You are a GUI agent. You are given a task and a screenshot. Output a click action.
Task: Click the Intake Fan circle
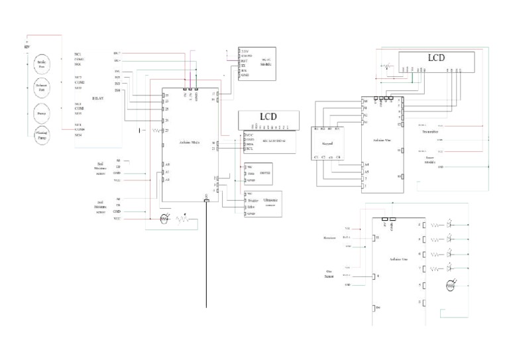click(44, 64)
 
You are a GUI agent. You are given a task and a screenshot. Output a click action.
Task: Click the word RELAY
click(96, 95)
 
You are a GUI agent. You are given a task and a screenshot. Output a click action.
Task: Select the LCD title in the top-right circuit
click(435, 57)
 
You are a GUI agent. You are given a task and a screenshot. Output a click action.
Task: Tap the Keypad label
click(327, 142)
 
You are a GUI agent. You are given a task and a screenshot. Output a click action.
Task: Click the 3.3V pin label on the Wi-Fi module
click(245, 51)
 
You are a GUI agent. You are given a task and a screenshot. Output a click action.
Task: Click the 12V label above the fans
click(27, 48)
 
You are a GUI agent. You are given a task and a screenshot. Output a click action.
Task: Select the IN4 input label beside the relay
click(117, 90)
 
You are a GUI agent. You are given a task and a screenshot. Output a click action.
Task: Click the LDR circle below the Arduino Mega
click(166, 218)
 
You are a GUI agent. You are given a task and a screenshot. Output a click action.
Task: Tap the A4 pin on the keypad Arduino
click(365, 164)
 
